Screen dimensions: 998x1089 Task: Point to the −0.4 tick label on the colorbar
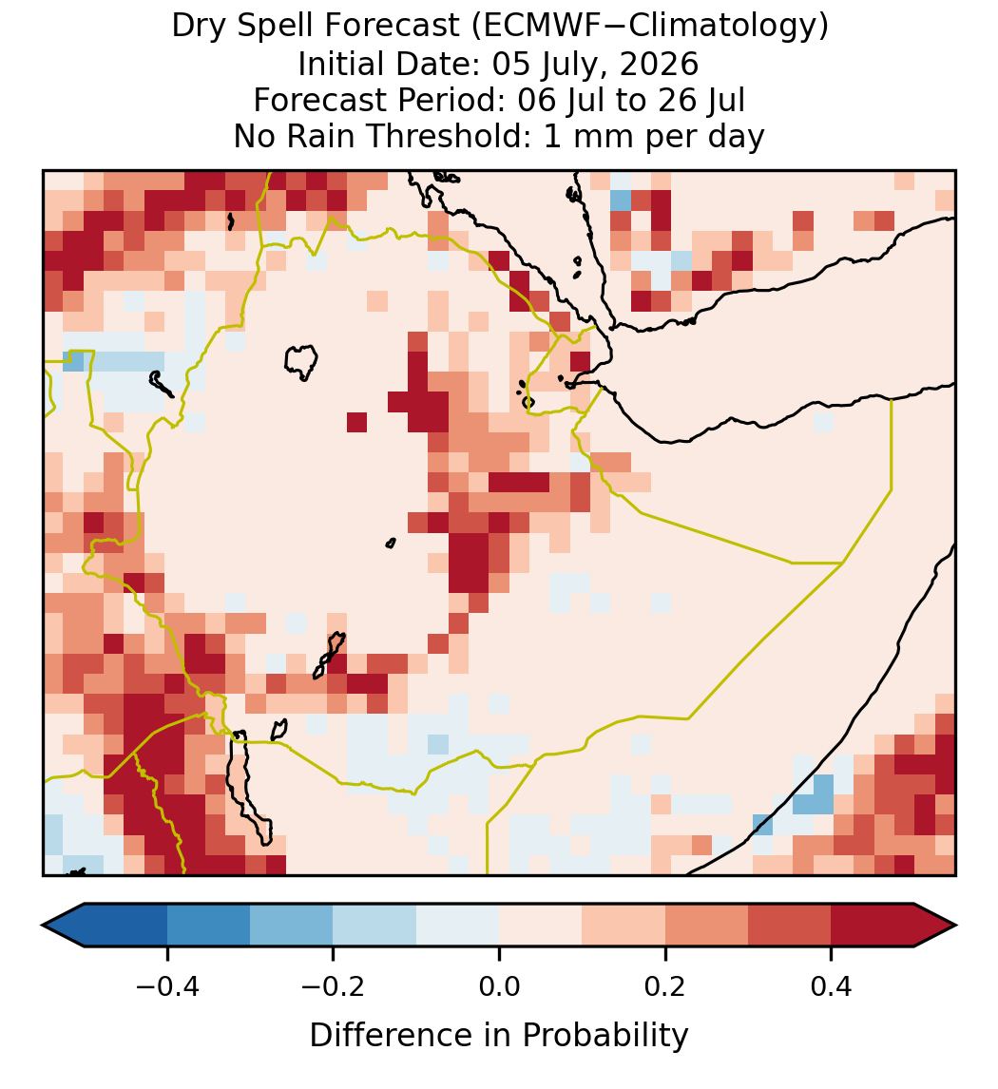tap(166, 986)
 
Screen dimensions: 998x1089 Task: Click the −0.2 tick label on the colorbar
tap(333, 986)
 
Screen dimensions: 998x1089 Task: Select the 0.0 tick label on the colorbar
tap(499, 986)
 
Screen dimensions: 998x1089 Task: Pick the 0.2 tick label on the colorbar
tap(665, 986)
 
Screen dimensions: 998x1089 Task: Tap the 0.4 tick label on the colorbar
tap(832, 986)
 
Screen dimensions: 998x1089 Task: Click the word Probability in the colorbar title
tap(605, 1036)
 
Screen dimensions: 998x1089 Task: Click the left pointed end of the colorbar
tap(43, 926)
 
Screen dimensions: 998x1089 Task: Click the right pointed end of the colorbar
tap(956, 926)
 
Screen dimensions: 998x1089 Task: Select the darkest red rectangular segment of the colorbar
tap(873, 926)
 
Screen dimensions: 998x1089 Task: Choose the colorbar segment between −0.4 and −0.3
tap(208, 926)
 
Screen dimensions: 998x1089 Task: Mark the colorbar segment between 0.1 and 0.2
tap(624, 926)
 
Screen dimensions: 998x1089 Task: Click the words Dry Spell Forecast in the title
tap(316, 27)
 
